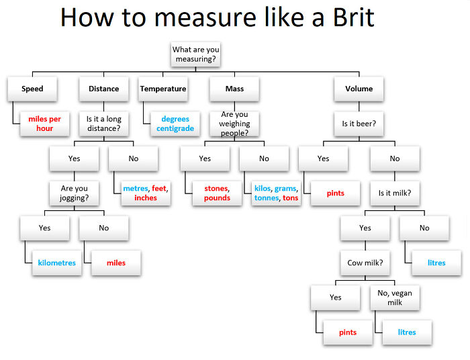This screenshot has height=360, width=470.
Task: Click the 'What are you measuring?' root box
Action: coord(196,54)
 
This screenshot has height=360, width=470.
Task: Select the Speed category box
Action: coord(32,89)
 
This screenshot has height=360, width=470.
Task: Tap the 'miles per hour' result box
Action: coord(45,124)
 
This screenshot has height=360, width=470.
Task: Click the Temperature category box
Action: coord(163,89)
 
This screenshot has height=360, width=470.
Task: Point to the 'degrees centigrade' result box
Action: coord(175,124)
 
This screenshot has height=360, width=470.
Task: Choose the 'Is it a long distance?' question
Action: coord(103,124)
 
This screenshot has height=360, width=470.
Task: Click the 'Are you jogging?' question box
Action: coord(74,193)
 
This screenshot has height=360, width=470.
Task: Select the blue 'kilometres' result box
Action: coord(57,263)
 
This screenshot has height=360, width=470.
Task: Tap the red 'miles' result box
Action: coord(115,263)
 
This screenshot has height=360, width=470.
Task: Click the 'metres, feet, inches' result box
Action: coord(145,193)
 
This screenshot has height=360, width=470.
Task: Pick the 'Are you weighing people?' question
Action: coord(234,124)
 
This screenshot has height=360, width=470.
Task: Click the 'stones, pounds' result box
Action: coord(216,193)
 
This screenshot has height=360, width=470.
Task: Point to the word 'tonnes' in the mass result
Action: coord(267,198)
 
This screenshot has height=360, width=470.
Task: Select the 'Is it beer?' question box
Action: coord(359,124)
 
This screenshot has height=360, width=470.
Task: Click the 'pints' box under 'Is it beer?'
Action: coord(335,193)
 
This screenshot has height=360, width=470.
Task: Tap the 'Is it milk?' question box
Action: coord(394,193)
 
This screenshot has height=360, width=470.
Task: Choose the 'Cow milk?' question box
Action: coord(365,263)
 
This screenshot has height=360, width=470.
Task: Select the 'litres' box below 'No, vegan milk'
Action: coord(406,332)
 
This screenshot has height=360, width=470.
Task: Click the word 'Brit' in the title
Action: coord(343,18)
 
